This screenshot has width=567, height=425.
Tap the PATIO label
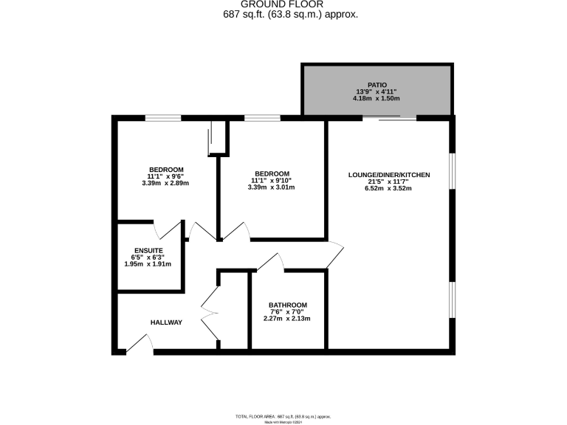(x=377, y=85)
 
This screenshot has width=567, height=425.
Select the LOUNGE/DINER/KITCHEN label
(x=389, y=175)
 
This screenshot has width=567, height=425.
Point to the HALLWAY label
(x=166, y=322)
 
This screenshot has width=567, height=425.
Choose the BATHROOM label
(x=287, y=305)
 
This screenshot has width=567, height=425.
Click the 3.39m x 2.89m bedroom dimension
(x=165, y=183)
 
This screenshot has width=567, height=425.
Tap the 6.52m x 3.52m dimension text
(x=389, y=189)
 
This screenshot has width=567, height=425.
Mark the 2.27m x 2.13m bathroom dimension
(x=287, y=319)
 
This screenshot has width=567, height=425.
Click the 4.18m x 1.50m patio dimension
(x=377, y=98)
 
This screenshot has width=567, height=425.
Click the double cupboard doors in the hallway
(x=210, y=313)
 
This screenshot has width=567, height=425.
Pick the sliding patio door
(x=399, y=117)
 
